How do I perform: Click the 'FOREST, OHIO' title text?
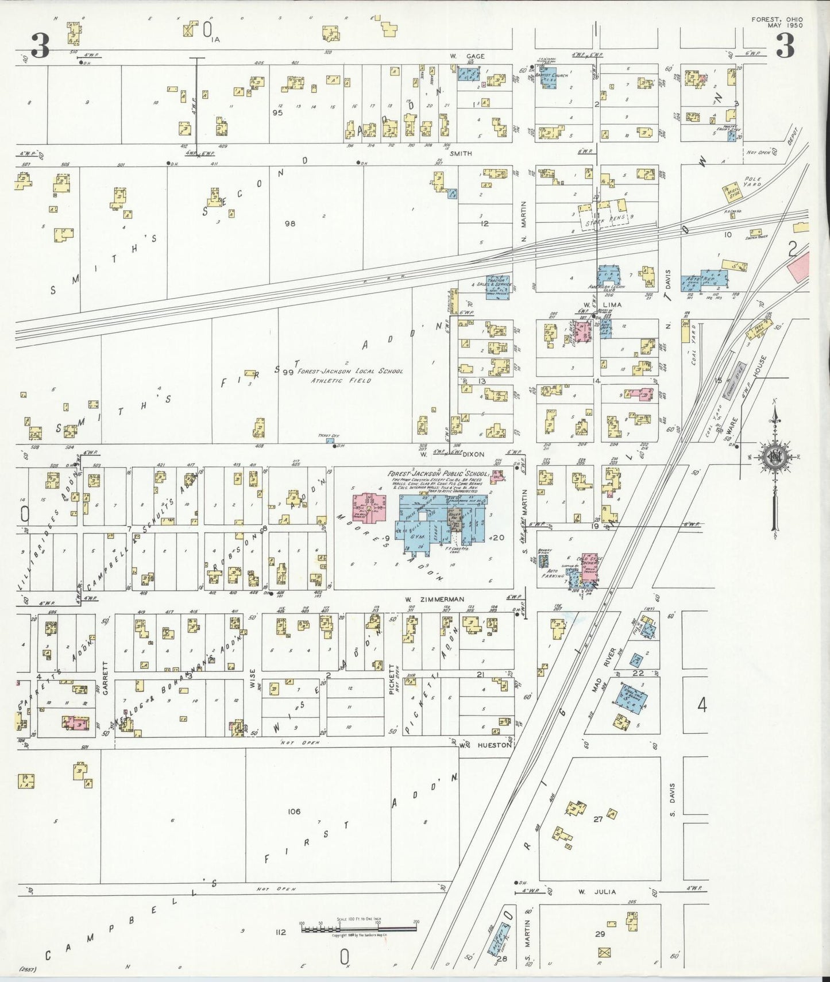pos(777,20)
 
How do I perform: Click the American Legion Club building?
pos(609,277)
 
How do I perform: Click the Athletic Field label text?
pos(341,380)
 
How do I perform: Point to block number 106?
pos(294,811)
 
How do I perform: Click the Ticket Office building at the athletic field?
pos(330,440)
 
